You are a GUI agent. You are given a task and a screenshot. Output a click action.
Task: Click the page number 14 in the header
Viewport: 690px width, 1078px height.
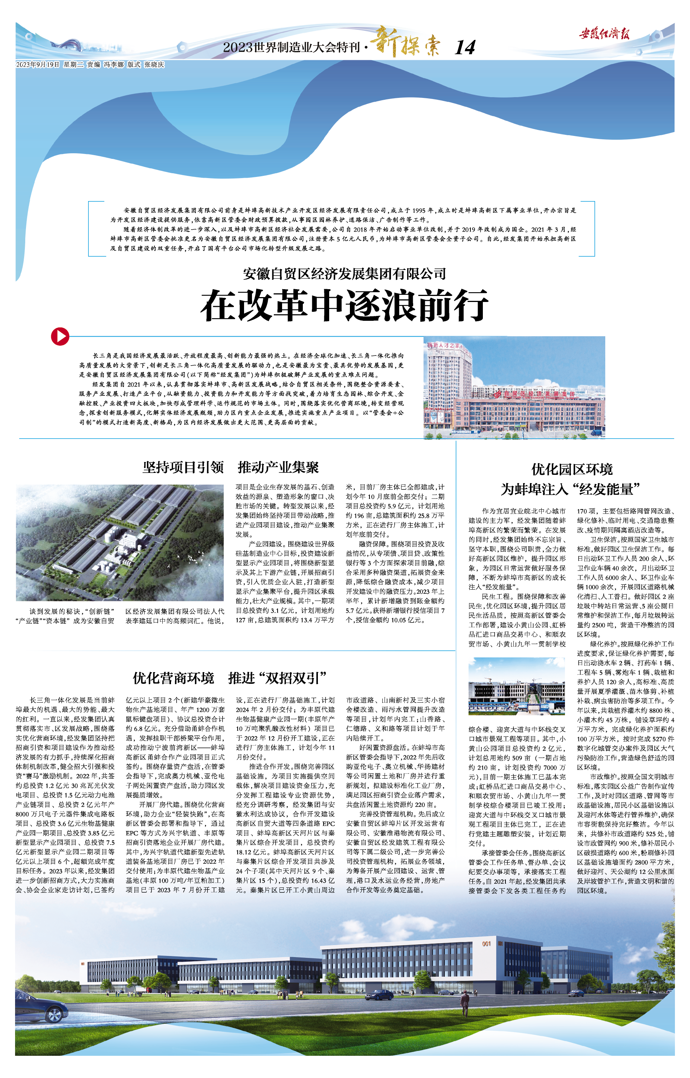pyautogui.click(x=465, y=47)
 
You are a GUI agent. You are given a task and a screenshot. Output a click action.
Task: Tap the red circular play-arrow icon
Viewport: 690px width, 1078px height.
pyautogui.click(x=60, y=336)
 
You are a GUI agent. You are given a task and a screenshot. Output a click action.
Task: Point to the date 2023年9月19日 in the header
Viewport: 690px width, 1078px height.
pyautogui.click(x=38, y=64)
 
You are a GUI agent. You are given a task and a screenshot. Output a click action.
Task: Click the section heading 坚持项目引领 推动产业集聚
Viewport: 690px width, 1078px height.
pyautogui.click(x=231, y=468)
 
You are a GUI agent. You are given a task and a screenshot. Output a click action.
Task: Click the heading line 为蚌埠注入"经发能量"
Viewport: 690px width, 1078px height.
pyautogui.click(x=570, y=489)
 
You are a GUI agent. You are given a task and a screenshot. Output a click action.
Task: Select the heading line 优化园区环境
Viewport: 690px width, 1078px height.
pyautogui.click(x=572, y=470)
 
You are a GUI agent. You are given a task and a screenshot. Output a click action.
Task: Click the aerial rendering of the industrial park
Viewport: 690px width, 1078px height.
pyautogui.click(x=120, y=542)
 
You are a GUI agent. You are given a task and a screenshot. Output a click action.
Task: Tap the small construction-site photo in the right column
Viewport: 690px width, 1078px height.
pyautogui.click(x=516, y=686)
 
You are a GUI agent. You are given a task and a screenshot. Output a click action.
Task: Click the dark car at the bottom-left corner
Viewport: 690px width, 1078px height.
pyautogui.click(x=41, y=1007)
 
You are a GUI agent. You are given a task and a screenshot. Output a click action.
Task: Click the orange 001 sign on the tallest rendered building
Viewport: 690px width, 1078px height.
pyautogui.click(x=487, y=944)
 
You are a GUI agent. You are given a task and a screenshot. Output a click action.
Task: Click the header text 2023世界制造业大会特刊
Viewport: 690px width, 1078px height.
pyautogui.click(x=291, y=47)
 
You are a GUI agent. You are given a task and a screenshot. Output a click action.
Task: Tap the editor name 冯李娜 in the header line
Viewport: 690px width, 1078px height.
pyautogui.click(x=114, y=64)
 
